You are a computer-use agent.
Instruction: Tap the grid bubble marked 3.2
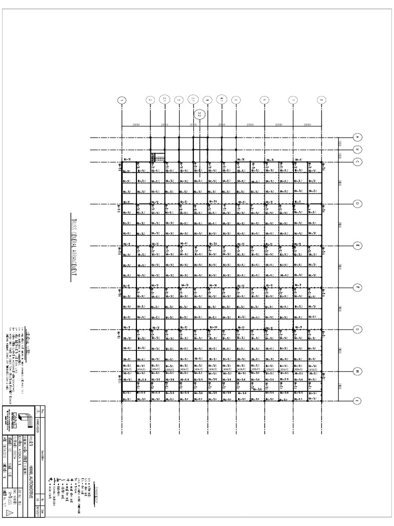click(200, 115)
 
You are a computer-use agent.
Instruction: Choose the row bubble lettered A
click(358, 137)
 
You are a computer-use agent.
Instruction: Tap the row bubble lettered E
click(358, 246)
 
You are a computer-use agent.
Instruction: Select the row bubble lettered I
click(358, 400)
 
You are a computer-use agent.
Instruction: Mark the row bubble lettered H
click(358, 371)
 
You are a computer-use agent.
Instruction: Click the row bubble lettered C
click(358, 162)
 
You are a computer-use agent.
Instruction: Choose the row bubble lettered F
click(358, 287)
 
